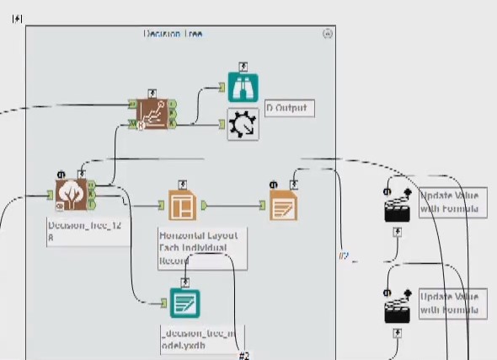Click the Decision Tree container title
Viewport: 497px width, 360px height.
click(x=173, y=34)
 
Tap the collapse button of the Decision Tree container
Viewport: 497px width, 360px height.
click(x=328, y=34)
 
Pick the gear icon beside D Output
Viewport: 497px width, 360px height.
click(x=243, y=124)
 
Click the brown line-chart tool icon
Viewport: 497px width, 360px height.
click(x=152, y=114)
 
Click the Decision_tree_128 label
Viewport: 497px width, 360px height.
click(x=77, y=231)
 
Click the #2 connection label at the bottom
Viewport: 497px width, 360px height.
click(x=244, y=355)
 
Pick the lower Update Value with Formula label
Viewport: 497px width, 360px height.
click(x=452, y=304)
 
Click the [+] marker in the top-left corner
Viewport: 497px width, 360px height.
click(x=17, y=17)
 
